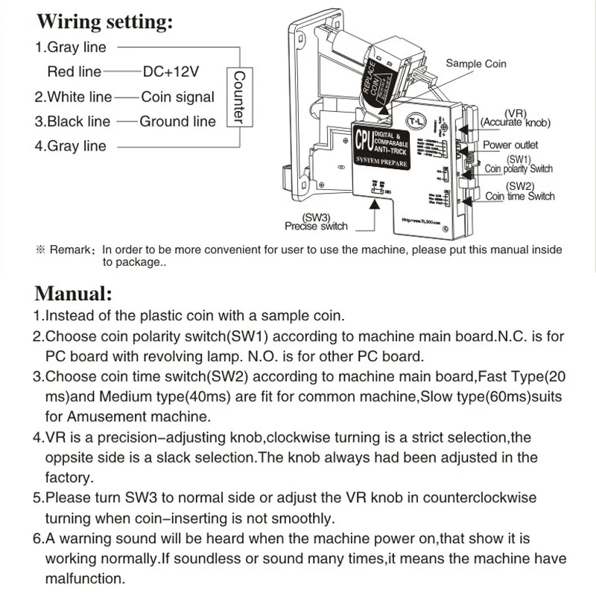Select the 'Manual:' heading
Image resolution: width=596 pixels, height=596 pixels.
point(73,292)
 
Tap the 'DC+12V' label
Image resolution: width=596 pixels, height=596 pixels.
point(171,72)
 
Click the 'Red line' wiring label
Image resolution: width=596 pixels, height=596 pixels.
point(74,72)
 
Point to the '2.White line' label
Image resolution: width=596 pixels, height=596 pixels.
point(73,97)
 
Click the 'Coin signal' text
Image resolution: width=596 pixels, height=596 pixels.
point(177,97)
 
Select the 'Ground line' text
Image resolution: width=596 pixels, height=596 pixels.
point(177,121)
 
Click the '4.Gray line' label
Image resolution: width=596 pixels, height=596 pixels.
point(71,146)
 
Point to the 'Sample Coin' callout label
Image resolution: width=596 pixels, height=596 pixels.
point(475,64)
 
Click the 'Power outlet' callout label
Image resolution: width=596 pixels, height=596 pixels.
point(510,145)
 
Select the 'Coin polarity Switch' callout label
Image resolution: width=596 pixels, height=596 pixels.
point(519,169)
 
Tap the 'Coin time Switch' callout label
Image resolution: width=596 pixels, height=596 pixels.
point(520,196)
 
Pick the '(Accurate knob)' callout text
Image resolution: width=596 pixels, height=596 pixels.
point(516,122)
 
